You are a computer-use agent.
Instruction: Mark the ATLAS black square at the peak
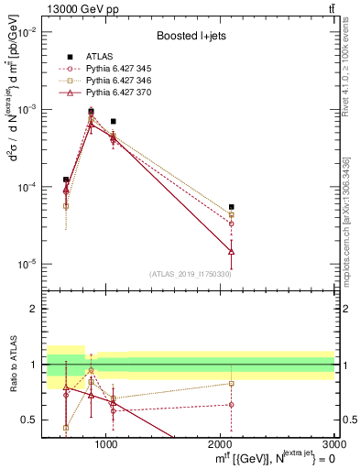(x=91, y=111)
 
